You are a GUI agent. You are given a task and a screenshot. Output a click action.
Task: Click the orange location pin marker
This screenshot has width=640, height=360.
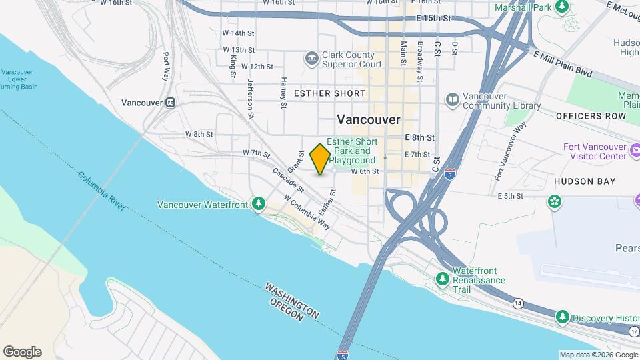(x=320, y=159)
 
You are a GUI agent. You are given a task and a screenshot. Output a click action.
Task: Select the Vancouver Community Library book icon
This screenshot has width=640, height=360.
(x=453, y=99)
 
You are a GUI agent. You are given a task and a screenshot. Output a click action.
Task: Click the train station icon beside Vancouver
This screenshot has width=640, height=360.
(x=171, y=103)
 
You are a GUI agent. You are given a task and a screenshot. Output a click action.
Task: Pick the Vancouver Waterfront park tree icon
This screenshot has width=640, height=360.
(x=259, y=204)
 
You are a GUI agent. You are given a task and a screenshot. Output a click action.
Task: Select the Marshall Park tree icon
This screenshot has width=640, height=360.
(x=563, y=7)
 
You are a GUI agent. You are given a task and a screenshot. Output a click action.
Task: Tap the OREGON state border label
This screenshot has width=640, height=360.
(x=286, y=312)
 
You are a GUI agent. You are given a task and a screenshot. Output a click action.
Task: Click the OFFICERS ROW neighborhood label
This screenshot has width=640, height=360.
(x=591, y=116)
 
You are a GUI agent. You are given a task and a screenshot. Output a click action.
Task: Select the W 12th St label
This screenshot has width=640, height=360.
(x=257, y=67)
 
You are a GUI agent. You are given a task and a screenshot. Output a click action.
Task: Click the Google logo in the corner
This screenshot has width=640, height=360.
(x=22, y=352)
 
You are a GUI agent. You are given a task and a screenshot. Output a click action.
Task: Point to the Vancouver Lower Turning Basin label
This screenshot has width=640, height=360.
(x=19, y=79)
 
